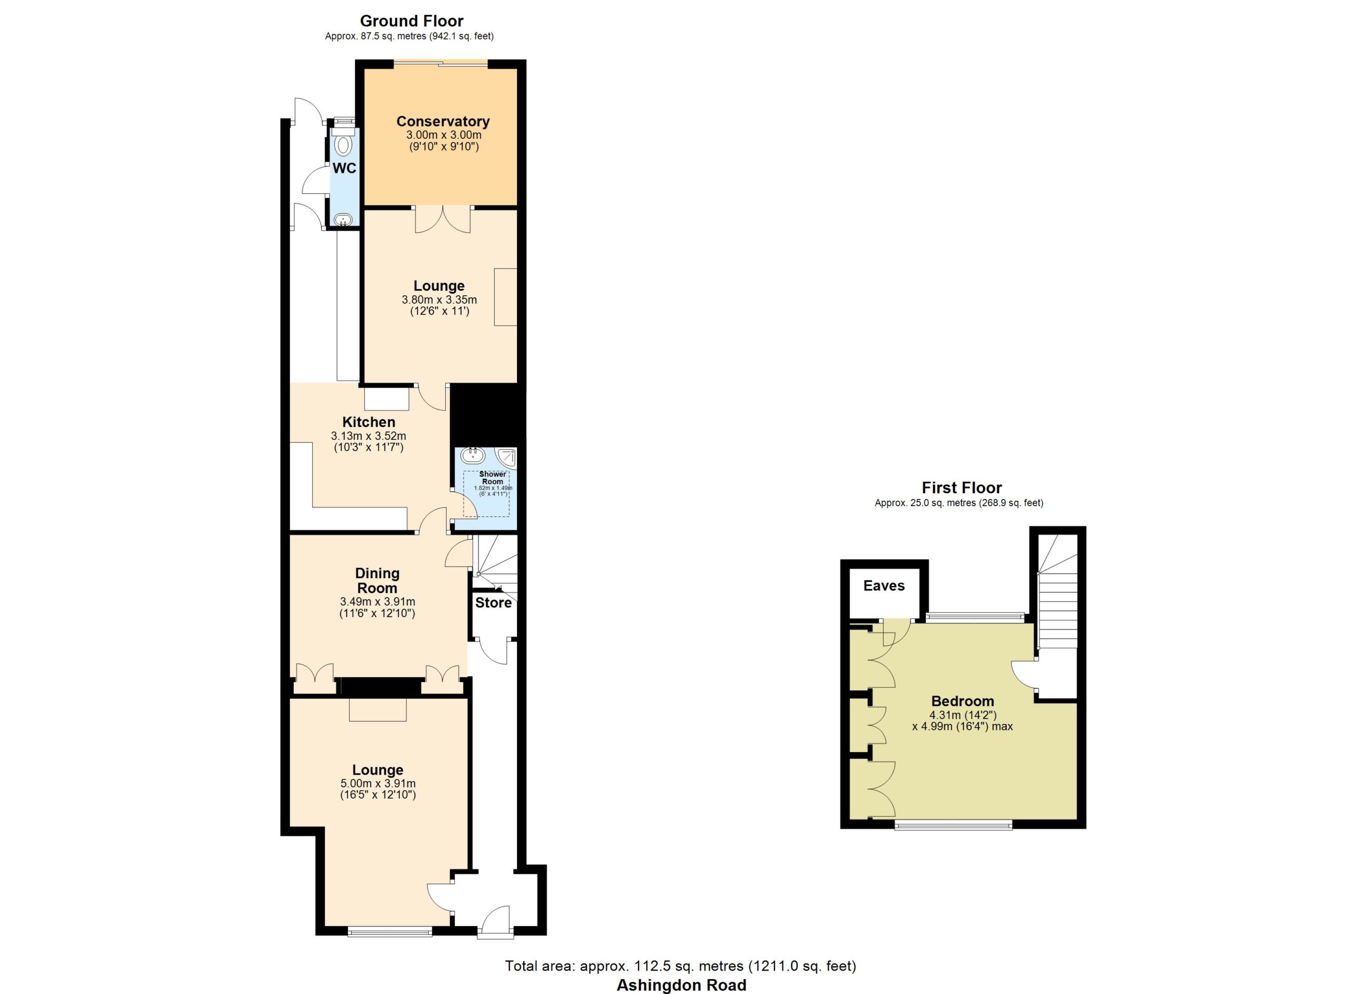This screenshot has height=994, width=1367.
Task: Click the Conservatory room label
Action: tap(443, 121)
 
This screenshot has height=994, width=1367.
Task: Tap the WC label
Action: tap(344, 168)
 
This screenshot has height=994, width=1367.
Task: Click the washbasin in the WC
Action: tap(343, 219)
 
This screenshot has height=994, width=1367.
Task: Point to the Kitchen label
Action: tap(369, 422)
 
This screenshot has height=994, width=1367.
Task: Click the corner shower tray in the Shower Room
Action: tap(506, 458)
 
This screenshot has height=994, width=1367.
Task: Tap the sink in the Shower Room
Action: tap(473, 455)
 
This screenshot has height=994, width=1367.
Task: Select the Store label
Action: tap(493, 602)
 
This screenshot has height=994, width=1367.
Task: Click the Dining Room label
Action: tap(378, 580)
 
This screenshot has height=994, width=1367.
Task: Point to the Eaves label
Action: tap(884, 586)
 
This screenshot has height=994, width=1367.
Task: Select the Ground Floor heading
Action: tap(412, 21)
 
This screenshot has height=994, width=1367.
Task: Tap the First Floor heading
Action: tap(962, 487)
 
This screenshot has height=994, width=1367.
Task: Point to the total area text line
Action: tap(680, 966)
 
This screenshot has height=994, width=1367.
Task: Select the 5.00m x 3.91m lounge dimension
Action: tap(378, 784)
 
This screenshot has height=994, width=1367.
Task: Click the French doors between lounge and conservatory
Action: tap(443, 219)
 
